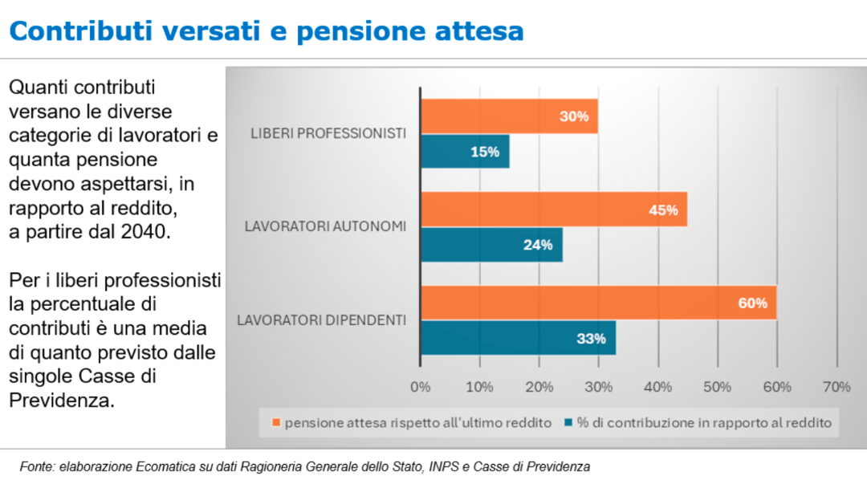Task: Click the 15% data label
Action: tap(485, 152)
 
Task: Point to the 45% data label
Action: tap(663, 210)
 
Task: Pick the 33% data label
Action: tap(591, 339)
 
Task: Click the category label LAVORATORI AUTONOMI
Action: tap(325, 227)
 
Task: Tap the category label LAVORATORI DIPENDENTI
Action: tap(322, 320)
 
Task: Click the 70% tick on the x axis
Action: tap(836, 387)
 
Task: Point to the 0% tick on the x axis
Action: tap(421, 387)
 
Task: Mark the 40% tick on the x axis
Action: tap(658, 387)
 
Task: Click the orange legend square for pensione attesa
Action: tap(275, 422)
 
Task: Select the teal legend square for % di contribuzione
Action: tap(568, 422)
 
